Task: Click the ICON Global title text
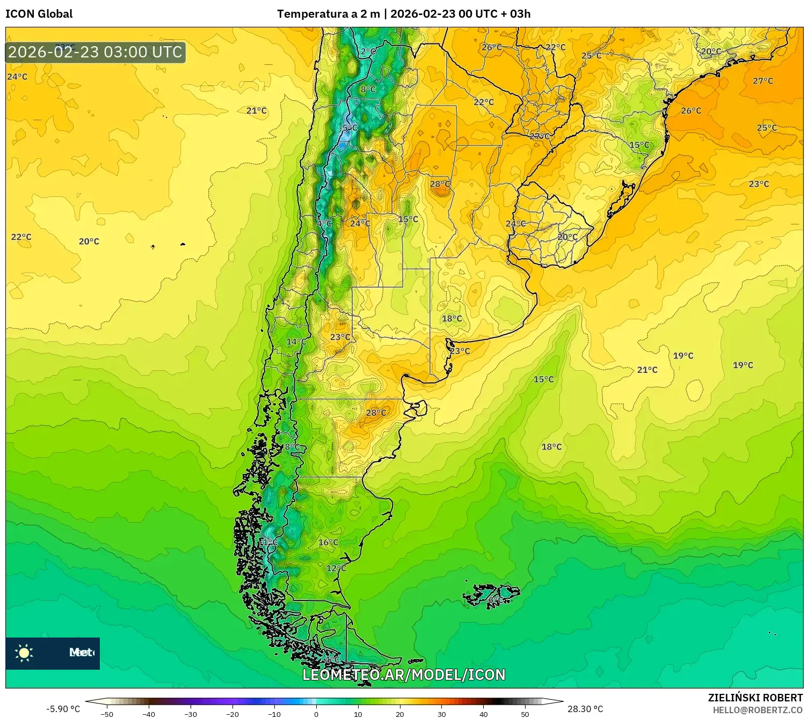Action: (39, 14)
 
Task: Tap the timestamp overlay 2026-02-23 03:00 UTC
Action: (95, 52)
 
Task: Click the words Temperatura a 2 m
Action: (328, 14)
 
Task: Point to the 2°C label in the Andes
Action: (368, 52)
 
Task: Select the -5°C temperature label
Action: (349, 128)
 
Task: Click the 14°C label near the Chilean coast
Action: (296, 342)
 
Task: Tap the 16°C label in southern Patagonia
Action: (328, 543)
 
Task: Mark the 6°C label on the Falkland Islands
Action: (495, 599)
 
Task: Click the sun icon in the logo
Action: (24, 653)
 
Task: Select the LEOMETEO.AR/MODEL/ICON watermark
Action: (404, 675)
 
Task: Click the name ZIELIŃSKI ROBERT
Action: (755, 698)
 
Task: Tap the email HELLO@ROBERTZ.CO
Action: (757, 710)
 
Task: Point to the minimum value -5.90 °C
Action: (63, 709)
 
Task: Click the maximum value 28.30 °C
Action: (585, 709)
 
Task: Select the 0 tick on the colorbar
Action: (316, 714)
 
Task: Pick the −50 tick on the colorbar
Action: (107, 714)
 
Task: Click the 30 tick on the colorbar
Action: (441, 714)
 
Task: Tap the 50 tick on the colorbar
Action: (525, 714)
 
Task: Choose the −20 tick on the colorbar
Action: (232, 714)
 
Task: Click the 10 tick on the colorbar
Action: (358, 714)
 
